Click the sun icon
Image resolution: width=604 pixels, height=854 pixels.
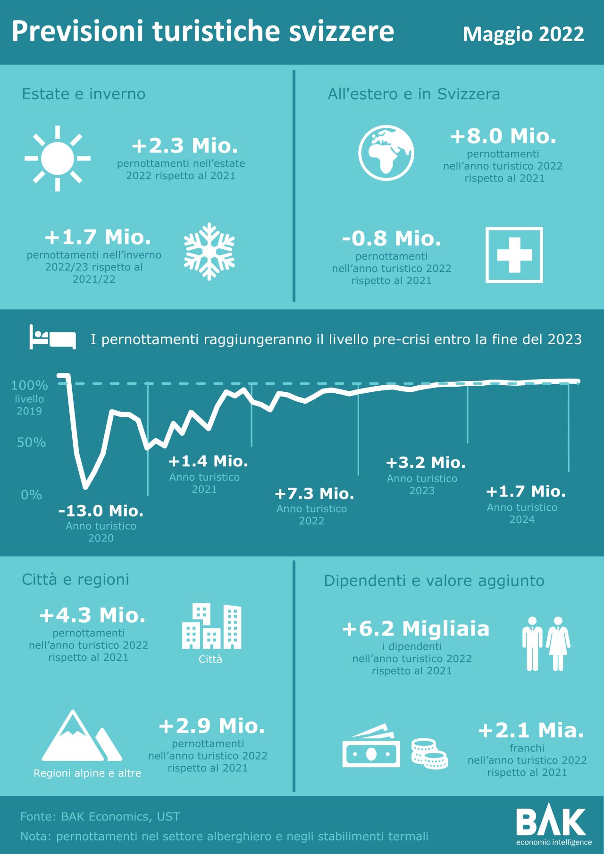pyautogui.click(x=58, y=159)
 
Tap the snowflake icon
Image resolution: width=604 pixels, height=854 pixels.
pyautogui.click(x=209, y=252)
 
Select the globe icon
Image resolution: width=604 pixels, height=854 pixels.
pyautogui.click(x=386, y=152)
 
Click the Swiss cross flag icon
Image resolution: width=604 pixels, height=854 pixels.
pyautogui.click(x=514, y=255)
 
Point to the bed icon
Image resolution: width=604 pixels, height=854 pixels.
pyautogui.click(x=52, y=337)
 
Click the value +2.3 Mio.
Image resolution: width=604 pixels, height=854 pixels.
pyautogui.click(x=185, y=146)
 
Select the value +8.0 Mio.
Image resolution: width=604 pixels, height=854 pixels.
pyautogui.click(x=503, y=136)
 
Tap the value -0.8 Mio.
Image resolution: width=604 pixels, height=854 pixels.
pyautogui.click(x=391, y=239)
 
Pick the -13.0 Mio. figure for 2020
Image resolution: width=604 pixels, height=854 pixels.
pyautogui.click(x=101, y=511)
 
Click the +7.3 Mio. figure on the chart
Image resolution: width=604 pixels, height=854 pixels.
pyautogui.click(x=314, y=494)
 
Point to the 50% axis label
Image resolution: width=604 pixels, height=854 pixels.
pyautogui.click(x=31, y=442)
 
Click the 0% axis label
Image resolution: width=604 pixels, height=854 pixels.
pyautogui.click(x=31, y=495)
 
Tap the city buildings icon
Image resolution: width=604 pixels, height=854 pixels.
pyautogui.click(x=211, y=626)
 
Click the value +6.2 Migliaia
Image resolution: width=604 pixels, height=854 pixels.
pyautogui.click(x=416, y=629)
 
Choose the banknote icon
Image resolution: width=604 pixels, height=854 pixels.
pyautogui.click(x=372, y=747)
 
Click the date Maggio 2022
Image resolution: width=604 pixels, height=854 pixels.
pyautogui.click(x=523, y=34)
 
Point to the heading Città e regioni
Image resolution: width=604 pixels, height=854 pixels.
pyautogui.click(x=75, y=580)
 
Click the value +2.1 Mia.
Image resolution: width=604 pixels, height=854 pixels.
pyautogui.click(x=531, y=730)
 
